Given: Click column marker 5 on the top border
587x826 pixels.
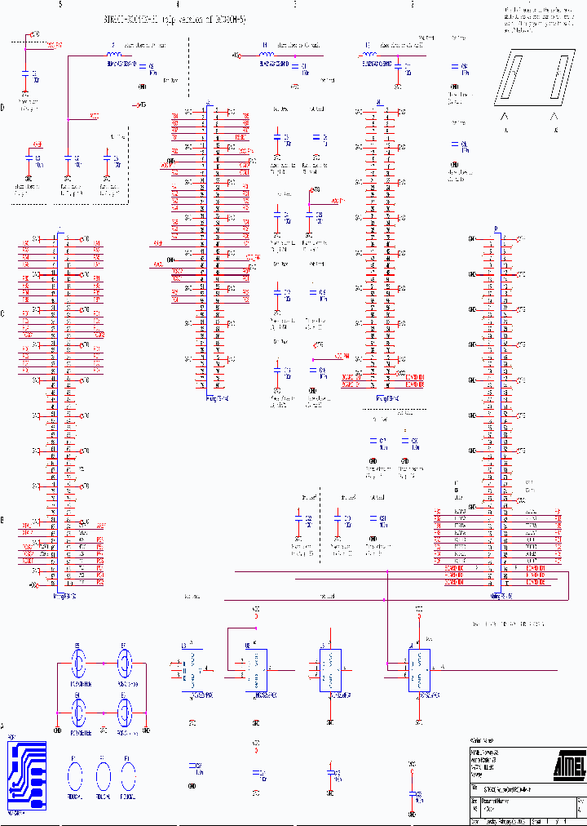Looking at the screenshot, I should (x=60, y=5).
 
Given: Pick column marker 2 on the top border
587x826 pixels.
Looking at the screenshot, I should (x=412, y=5).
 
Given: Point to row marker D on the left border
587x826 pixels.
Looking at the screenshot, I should (x=3, y=107).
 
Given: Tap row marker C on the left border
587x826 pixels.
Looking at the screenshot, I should (x=3, y=313).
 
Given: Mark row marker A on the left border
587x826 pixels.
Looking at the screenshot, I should (x=3, y=726).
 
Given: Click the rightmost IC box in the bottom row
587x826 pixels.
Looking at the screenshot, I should (x=419, y=670).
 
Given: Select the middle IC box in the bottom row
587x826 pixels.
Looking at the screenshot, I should (x=330, y=670).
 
